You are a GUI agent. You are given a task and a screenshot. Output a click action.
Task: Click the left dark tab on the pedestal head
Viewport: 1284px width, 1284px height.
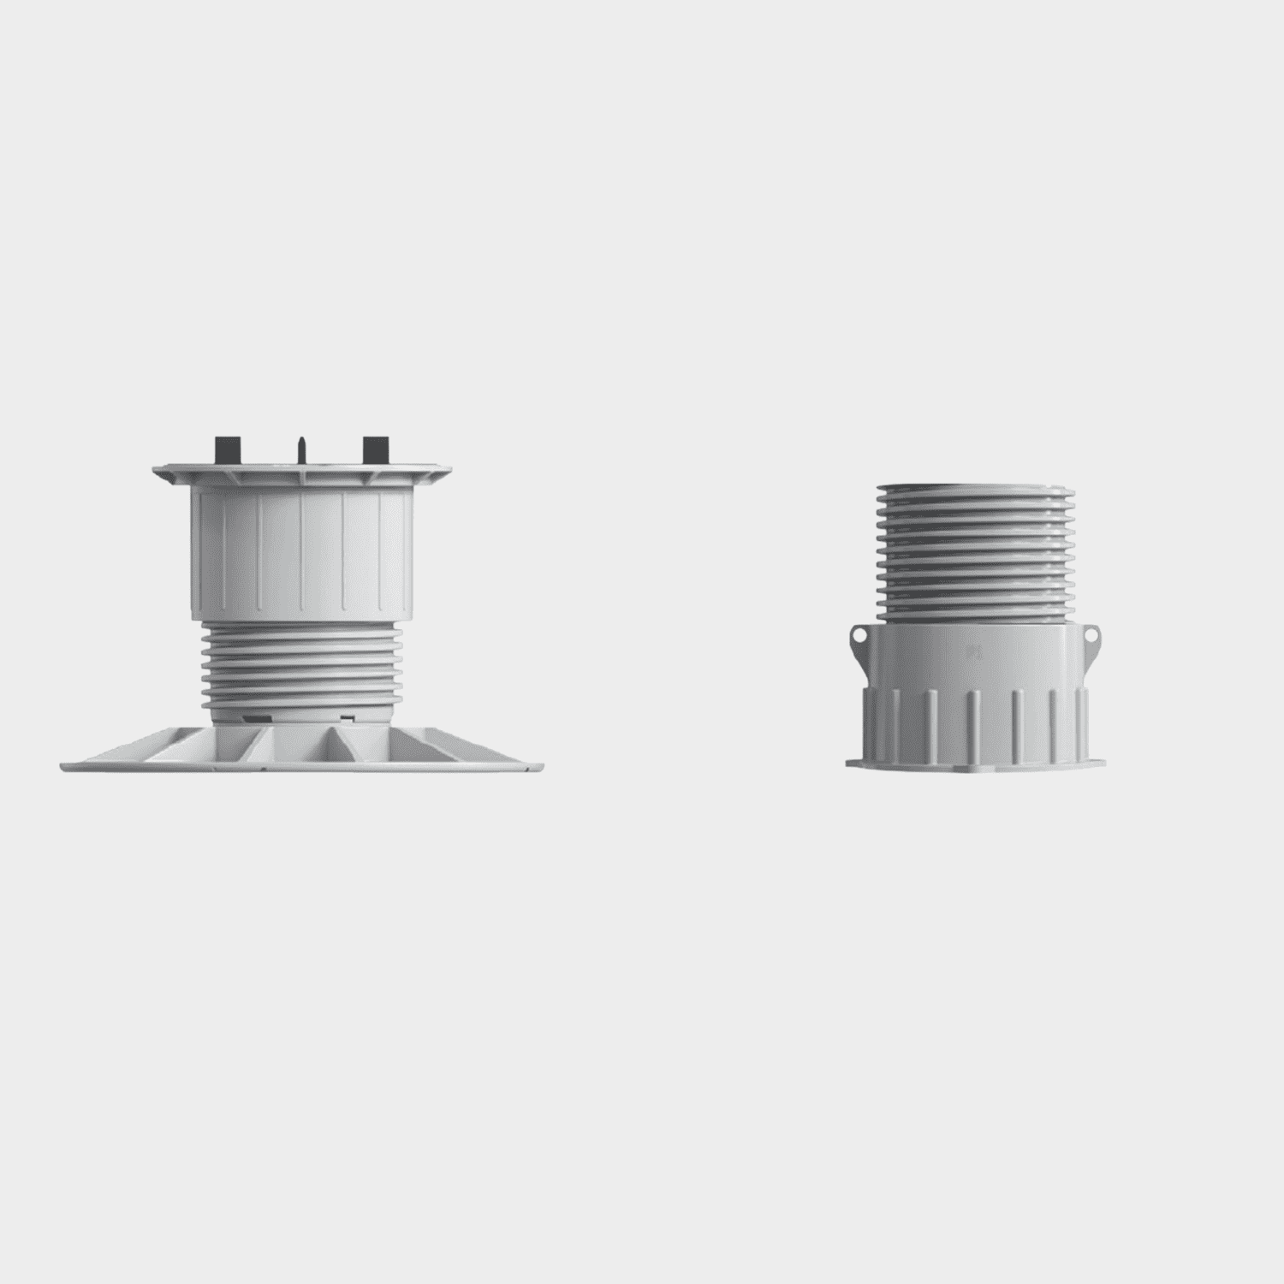(225, 449)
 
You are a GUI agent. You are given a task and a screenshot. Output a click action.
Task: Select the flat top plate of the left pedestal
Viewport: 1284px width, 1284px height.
(303, 473)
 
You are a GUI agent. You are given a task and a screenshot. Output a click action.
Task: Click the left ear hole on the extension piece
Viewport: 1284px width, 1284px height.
(859, 636)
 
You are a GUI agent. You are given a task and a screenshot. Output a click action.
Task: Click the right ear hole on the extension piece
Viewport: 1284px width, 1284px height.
(1091, 636)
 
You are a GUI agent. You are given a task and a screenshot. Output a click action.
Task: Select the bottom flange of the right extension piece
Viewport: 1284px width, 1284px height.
(974, 760)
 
